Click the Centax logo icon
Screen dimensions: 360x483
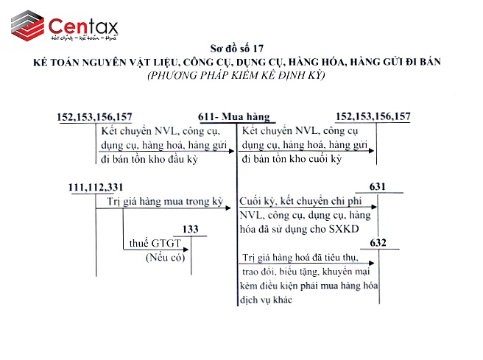pos(26,26)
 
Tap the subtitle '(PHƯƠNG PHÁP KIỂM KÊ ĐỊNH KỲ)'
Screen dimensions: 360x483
pos(240,75)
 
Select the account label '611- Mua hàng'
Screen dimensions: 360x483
pos(235,117)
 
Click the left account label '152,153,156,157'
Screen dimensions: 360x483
pos(95,117)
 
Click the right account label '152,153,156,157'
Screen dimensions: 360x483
pos(373,117)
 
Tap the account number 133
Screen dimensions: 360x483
pos(191,230)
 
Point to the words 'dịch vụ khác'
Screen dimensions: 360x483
pos(266,300)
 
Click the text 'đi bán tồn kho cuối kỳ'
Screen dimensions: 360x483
pos(292,159)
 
